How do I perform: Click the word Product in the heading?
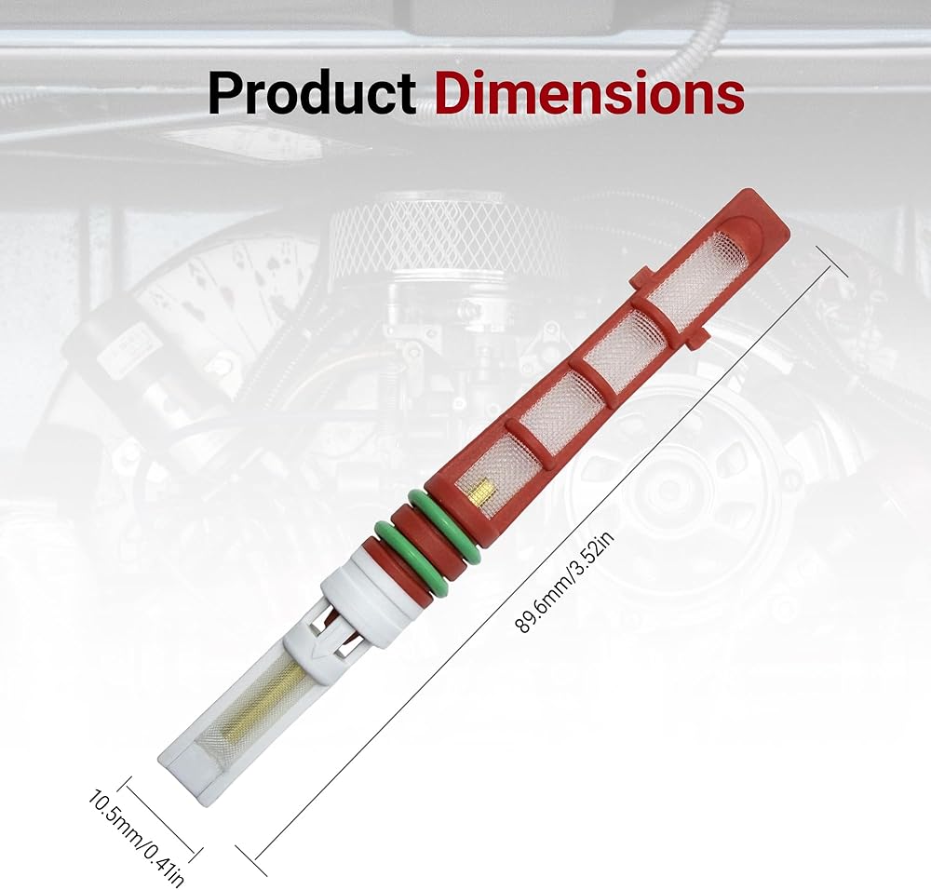pos(311,93)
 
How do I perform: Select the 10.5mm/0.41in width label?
pos(134,835)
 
